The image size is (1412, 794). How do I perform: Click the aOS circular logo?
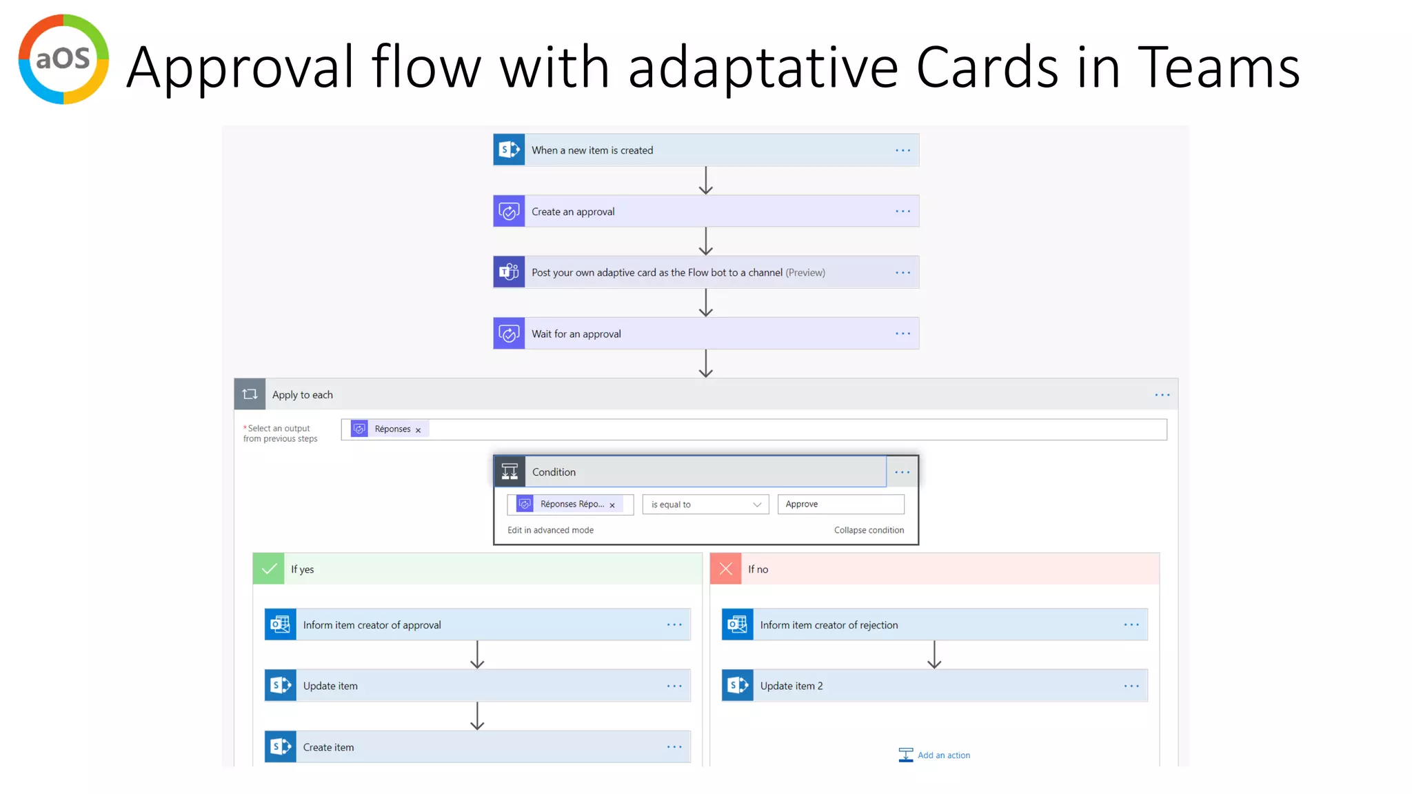click(x=63, y=59)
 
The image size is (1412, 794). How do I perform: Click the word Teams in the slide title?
click(x=1218, y=68)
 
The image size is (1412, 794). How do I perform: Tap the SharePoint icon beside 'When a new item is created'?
click(x=509, y=150)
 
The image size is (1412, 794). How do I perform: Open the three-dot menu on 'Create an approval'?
click(x=902, y=212)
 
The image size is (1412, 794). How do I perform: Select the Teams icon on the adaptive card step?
click(x=509, y=272)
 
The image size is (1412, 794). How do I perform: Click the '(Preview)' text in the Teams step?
click(x=805, y=273)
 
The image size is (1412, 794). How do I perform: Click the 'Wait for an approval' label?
click(x=576, y=334)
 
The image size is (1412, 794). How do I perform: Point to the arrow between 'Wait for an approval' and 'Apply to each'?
click(x=705, y=363)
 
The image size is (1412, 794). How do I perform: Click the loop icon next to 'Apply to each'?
click(x=250, y=394)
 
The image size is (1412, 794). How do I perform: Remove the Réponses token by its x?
click(x=418, y=430)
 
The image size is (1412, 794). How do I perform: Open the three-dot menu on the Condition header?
click(x=902, y=472)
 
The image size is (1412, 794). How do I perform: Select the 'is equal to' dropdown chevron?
click(x=757, y=505)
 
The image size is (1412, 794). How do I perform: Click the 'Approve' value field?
click(x=840, y=505)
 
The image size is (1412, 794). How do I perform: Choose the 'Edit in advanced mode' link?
click(x=550, y=530)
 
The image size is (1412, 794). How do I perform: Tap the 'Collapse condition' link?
click(x=869, y=530)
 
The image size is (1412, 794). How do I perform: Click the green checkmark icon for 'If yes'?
click(x=269, y=569)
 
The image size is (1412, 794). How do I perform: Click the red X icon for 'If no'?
click(x=726, y=569)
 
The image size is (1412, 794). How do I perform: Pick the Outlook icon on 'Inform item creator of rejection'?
click(x=737, y=624)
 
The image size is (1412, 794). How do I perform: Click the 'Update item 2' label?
click(x=791, y=686)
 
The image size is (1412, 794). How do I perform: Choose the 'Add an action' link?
click(x=943, y=755)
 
